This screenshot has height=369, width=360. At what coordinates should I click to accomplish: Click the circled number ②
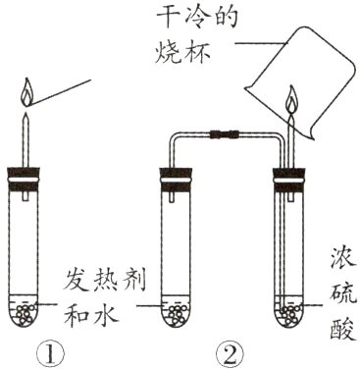point(229,349)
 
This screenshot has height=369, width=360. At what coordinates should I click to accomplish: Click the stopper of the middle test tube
point(179,180)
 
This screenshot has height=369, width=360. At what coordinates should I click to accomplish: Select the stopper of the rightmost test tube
point(289,180)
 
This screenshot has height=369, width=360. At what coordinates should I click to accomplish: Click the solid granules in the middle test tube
point(179,314)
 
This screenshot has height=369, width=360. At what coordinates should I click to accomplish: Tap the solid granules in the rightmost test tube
point(289,314)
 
